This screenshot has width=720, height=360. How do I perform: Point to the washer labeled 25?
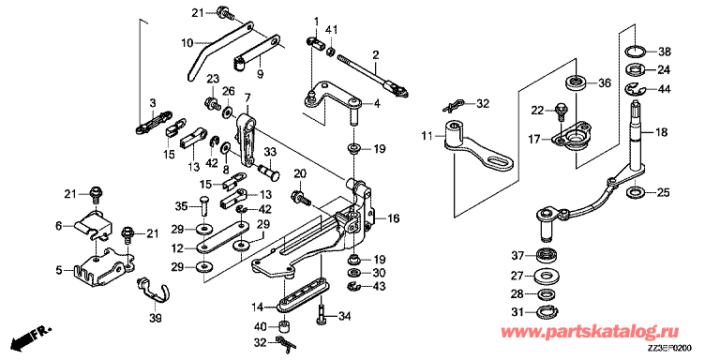coord(634,192)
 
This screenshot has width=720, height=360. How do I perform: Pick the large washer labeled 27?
coord(547,276)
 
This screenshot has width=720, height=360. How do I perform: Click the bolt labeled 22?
coord(561,112)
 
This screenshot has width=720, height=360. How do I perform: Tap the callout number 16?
coord(394,217)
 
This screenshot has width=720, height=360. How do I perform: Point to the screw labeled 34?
coord(321,316)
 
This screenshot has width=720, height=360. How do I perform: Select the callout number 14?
coord(257,307)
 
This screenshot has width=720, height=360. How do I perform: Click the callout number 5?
coord(58,270)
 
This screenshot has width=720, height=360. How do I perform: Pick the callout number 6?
coord(58,225)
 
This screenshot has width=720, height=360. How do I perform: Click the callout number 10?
coord(187,44)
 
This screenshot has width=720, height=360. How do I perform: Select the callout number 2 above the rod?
coord(376,56)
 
